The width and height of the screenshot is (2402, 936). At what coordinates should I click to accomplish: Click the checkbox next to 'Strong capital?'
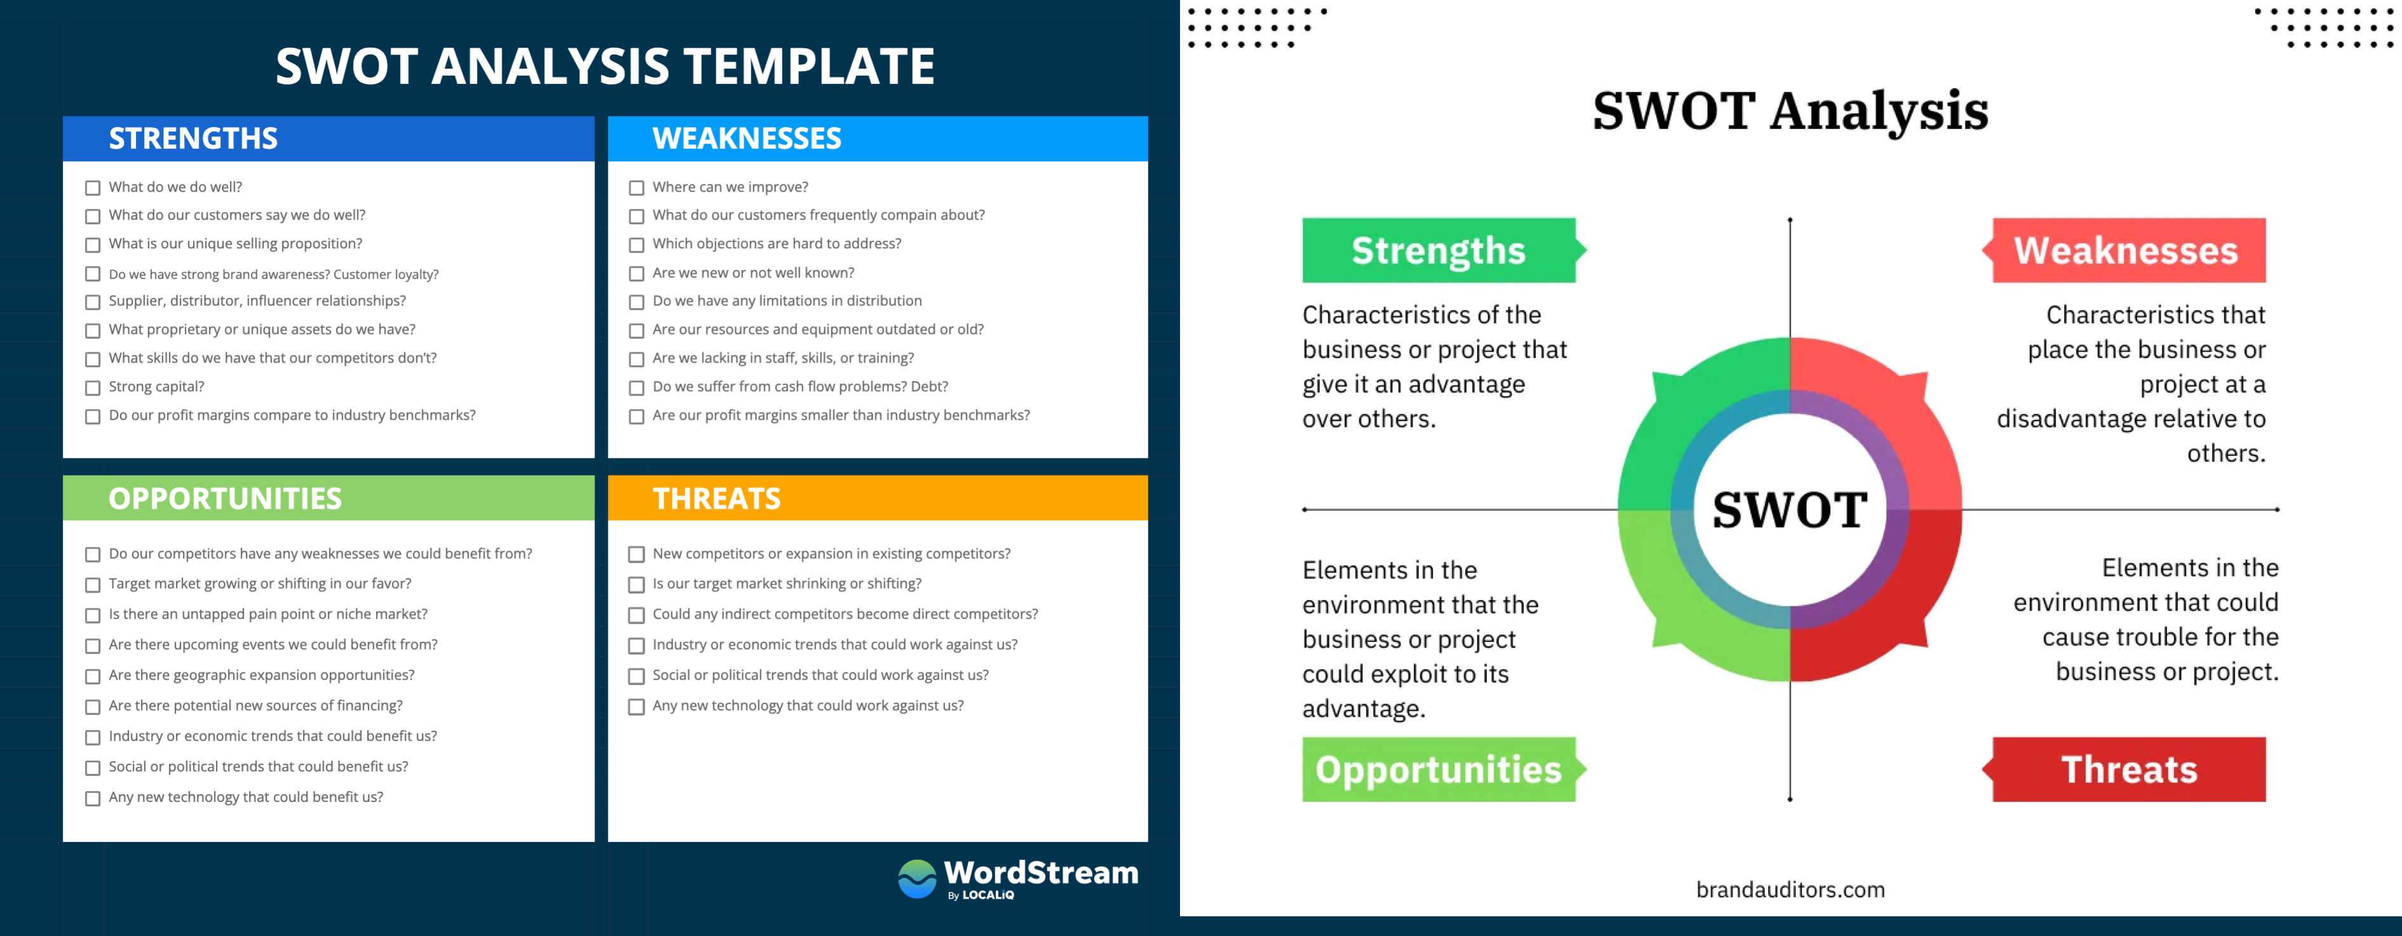tap(92, 388)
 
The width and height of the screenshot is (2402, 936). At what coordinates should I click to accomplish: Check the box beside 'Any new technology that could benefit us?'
tap(92, 798)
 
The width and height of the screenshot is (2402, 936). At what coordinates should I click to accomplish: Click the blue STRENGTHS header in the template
tap(193, 139)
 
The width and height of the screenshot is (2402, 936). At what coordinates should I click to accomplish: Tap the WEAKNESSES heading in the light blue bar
tap(747, 139)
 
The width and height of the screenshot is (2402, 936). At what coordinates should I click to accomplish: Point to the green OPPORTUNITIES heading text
tap(225, 498)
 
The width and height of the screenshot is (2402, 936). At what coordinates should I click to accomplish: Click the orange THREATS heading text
tap(716, 498)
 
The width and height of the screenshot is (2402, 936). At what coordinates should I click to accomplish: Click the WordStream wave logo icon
tap(916, 878)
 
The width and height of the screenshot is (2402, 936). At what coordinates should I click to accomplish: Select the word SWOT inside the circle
tap(1789, 510)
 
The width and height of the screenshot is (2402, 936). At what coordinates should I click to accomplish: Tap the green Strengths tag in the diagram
tap(1444, 250)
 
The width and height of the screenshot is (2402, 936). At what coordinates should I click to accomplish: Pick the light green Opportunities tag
tap(1444, 769)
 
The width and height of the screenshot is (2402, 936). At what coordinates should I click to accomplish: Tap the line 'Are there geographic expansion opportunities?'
tap(261, 675)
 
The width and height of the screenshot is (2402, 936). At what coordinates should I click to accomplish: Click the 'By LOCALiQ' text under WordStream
tap(981, 895)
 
